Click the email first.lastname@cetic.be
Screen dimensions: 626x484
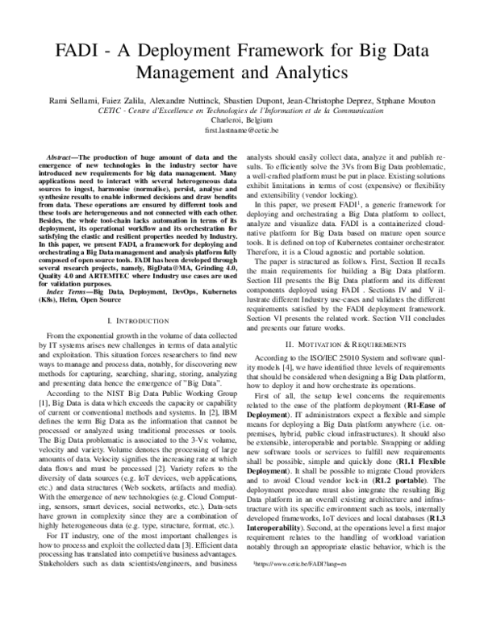[x=242, y=130]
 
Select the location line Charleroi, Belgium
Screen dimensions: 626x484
[x=242, y=119]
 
